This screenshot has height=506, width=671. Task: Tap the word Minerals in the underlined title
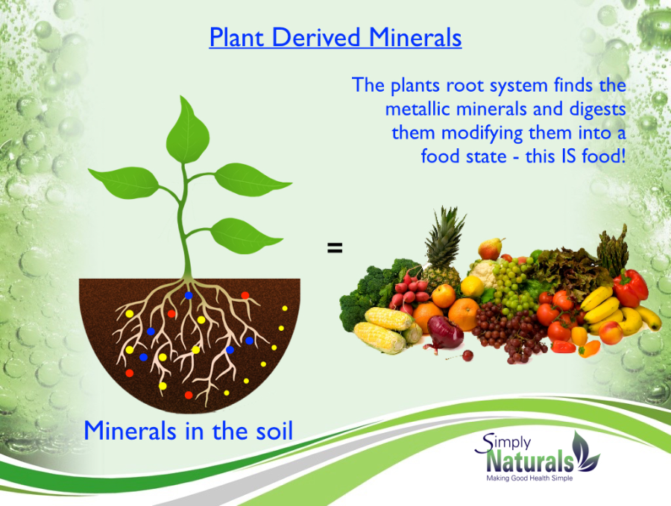[415, 38]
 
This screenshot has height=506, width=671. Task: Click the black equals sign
[335, 247]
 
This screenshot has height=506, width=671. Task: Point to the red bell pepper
[630, 288]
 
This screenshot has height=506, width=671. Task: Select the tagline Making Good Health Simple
[529, 478]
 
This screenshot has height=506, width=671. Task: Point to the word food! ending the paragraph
[604, 156]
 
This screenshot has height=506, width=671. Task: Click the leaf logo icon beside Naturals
[586, 452]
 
